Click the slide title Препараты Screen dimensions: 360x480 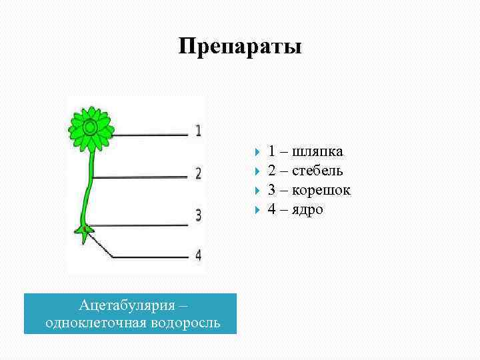240,47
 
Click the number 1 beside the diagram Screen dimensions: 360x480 198,130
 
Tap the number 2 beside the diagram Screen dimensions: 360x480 198,173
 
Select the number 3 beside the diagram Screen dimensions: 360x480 198,215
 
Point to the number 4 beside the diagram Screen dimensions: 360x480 198,255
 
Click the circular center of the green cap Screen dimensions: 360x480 91,126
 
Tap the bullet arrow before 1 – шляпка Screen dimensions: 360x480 258,152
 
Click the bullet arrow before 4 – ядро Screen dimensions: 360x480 258,210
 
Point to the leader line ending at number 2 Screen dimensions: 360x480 140,177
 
